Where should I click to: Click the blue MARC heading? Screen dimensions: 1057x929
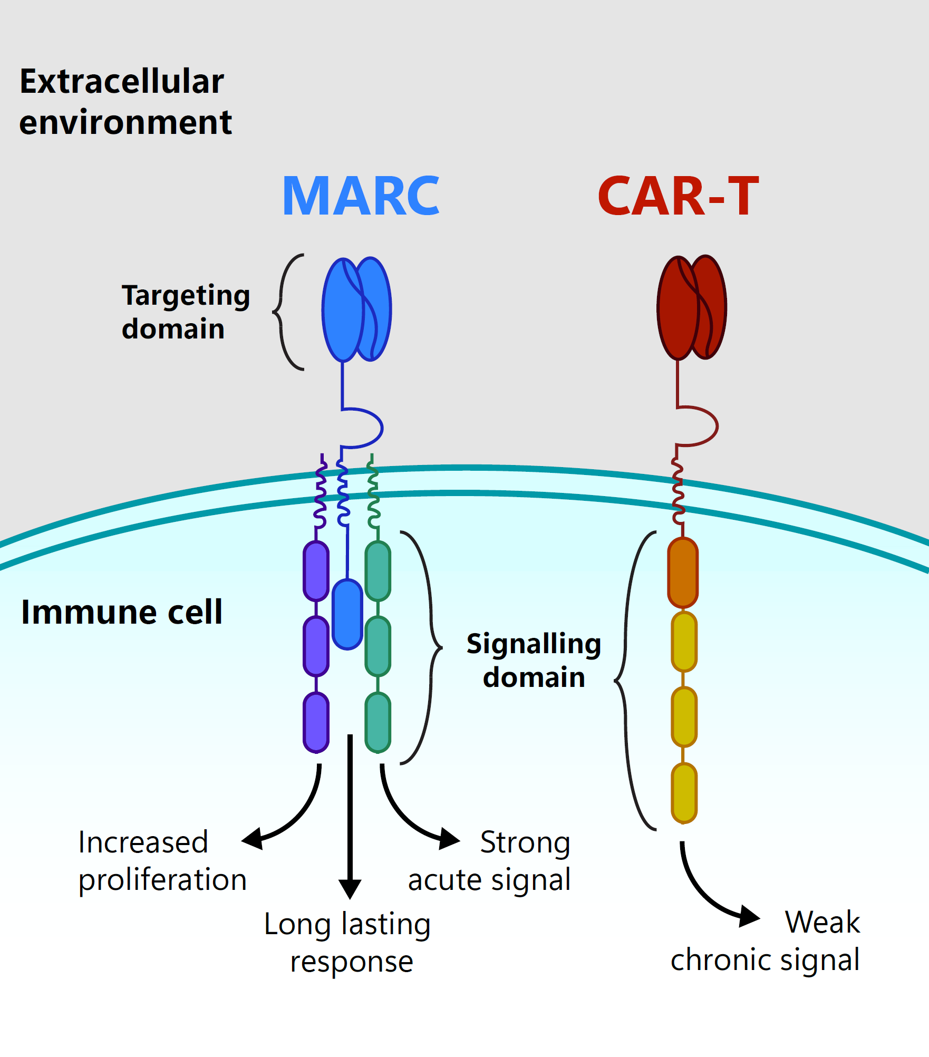pyautogui.click(x=361, y=196)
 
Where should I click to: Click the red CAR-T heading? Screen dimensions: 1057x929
pyautogui.click(x=678, y=196)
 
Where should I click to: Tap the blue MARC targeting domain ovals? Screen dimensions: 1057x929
pyautogui.click(x=356, y=309)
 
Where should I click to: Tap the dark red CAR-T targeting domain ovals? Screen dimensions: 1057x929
pyautogui.click(x=691, y=308)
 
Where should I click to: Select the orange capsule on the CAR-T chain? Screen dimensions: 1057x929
pyautogui.click(x=683, y=573)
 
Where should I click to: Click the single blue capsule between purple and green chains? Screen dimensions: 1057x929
pyautogui.click(x=347, y=614)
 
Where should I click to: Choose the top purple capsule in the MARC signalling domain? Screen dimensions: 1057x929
pyautogui.click(x=316, y=571)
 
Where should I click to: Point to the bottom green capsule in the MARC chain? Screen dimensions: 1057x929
pyautogui.click(x=378, y=722)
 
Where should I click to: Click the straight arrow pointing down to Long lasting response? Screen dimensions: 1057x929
pyautogui.click(x=350, y=817)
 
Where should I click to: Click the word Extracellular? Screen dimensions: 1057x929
pyautogui.click(x=122, y=82)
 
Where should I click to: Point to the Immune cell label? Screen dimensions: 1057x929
pyautogui.click(x=121, y=612)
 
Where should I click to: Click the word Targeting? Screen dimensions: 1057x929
pyautogui.click(x=186, y=296)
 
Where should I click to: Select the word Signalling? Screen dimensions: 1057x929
pyautogui.click(x=534, y=644)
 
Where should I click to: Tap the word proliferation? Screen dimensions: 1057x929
pyautogui.click(x=162, y=880)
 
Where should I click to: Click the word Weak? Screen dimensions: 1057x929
pyautogui.click(x=822, y=922)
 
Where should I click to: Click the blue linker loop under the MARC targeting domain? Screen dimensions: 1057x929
pyautogui.click(x=369, y=427)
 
